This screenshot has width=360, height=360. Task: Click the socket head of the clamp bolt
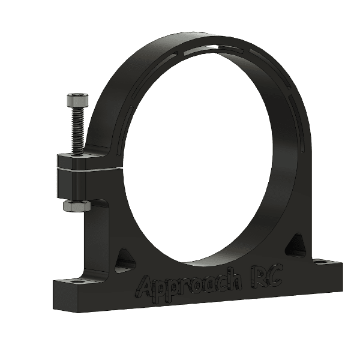(x=76, y=100)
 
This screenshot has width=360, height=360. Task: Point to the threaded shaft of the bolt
(x=77, y=129)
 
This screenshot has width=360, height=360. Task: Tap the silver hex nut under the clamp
(x=76, y=206)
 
